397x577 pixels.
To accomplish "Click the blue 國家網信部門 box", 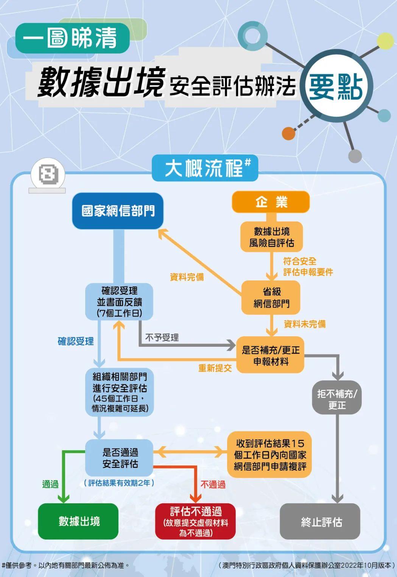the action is tap(118, 211).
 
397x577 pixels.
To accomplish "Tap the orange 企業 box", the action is tap(271, 202).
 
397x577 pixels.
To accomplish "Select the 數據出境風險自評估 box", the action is tap(271, 237).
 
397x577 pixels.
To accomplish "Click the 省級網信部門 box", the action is tap(271, 297).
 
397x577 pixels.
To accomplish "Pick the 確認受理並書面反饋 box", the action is tap(119, 302).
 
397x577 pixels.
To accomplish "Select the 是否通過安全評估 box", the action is tap(119, 458).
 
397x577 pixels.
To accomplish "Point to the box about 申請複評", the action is tap(269, 455).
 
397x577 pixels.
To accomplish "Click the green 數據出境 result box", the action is tap(78, 521).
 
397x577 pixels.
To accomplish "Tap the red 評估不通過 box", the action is tap(195, 521).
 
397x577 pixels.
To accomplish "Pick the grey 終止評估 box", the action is tap(320, 521).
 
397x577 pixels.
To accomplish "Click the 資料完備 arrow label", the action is tap(187, 277).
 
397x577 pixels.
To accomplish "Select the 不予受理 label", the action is tap(162, 337).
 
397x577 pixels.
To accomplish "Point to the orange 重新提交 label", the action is tap(215, 368).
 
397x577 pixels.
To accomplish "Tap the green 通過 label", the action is tap(50, 484).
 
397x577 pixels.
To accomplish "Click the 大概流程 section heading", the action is tap(205, 168).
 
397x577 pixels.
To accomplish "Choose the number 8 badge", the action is tap(48, 175).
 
